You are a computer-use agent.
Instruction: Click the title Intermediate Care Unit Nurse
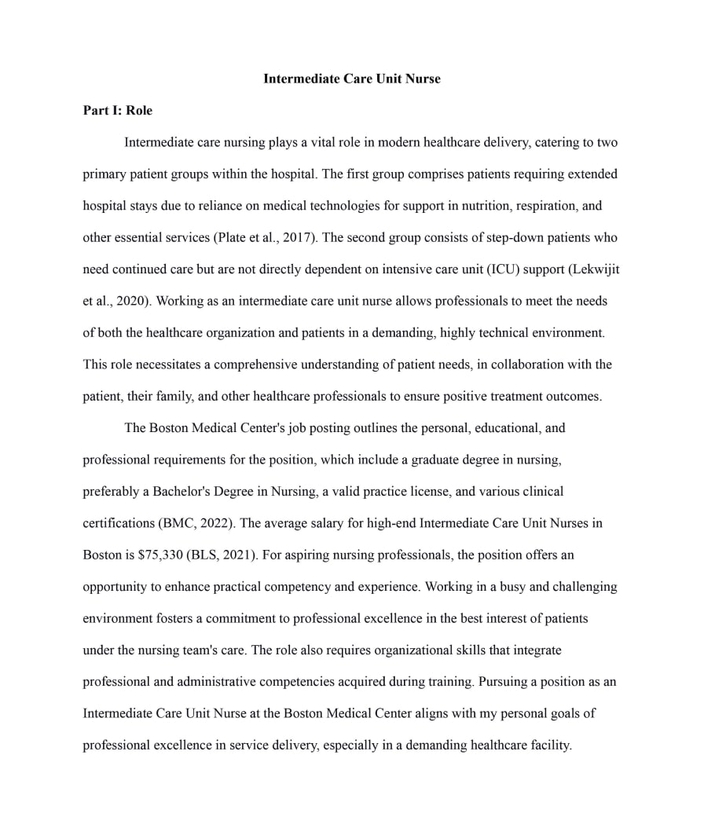(351, 79)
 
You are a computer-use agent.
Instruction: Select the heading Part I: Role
(117, 111)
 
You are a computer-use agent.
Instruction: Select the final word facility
(550, 746)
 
